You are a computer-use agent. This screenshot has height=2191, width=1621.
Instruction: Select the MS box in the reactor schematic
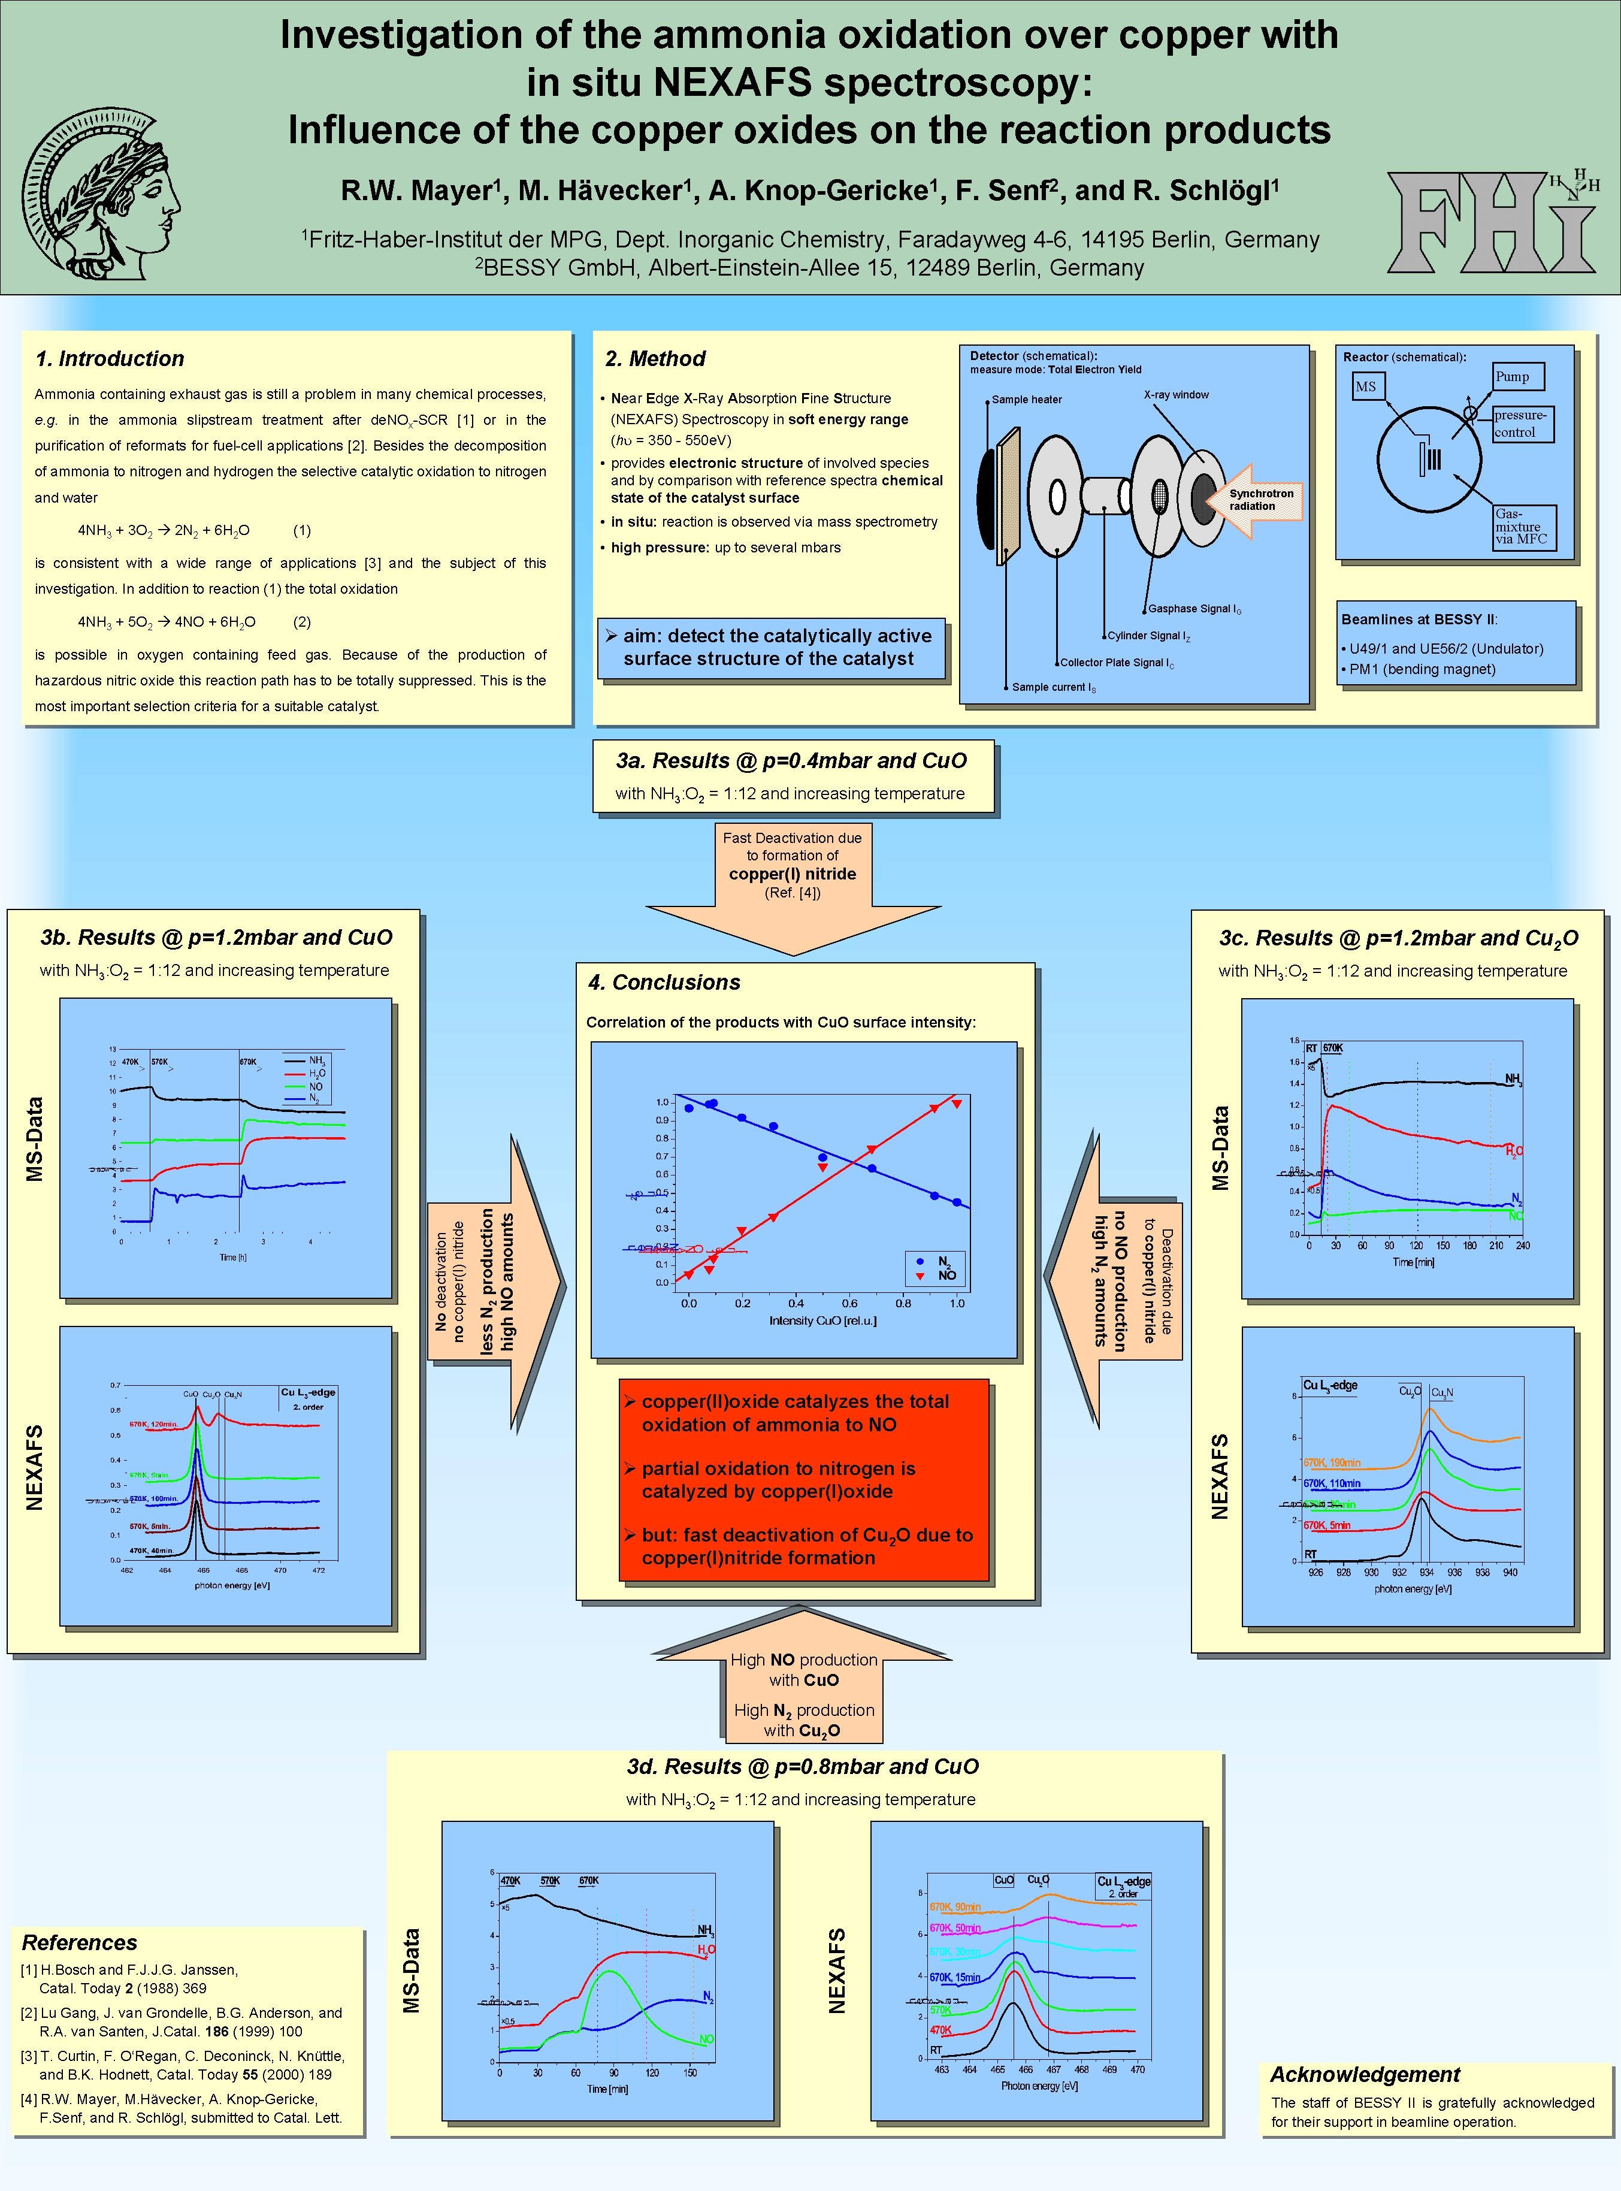[1366, 386]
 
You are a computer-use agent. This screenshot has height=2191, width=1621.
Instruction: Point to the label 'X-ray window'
[1175, 394]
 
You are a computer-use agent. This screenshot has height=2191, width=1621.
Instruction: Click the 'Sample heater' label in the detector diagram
[1026, 400]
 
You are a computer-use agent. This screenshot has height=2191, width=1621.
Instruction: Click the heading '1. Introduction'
[110, 359]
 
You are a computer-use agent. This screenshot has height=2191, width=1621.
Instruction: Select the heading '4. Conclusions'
[664, 982]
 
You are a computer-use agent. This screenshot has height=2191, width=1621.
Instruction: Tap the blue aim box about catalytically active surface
[770, 648]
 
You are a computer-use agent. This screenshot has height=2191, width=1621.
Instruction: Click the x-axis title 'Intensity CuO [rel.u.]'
[822, 1320]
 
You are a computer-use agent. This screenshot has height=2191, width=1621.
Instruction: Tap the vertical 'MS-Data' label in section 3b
[35, 1138]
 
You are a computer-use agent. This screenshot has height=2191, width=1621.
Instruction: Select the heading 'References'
[80, 1943]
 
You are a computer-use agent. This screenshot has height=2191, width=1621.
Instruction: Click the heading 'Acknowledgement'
[1364, 2074]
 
